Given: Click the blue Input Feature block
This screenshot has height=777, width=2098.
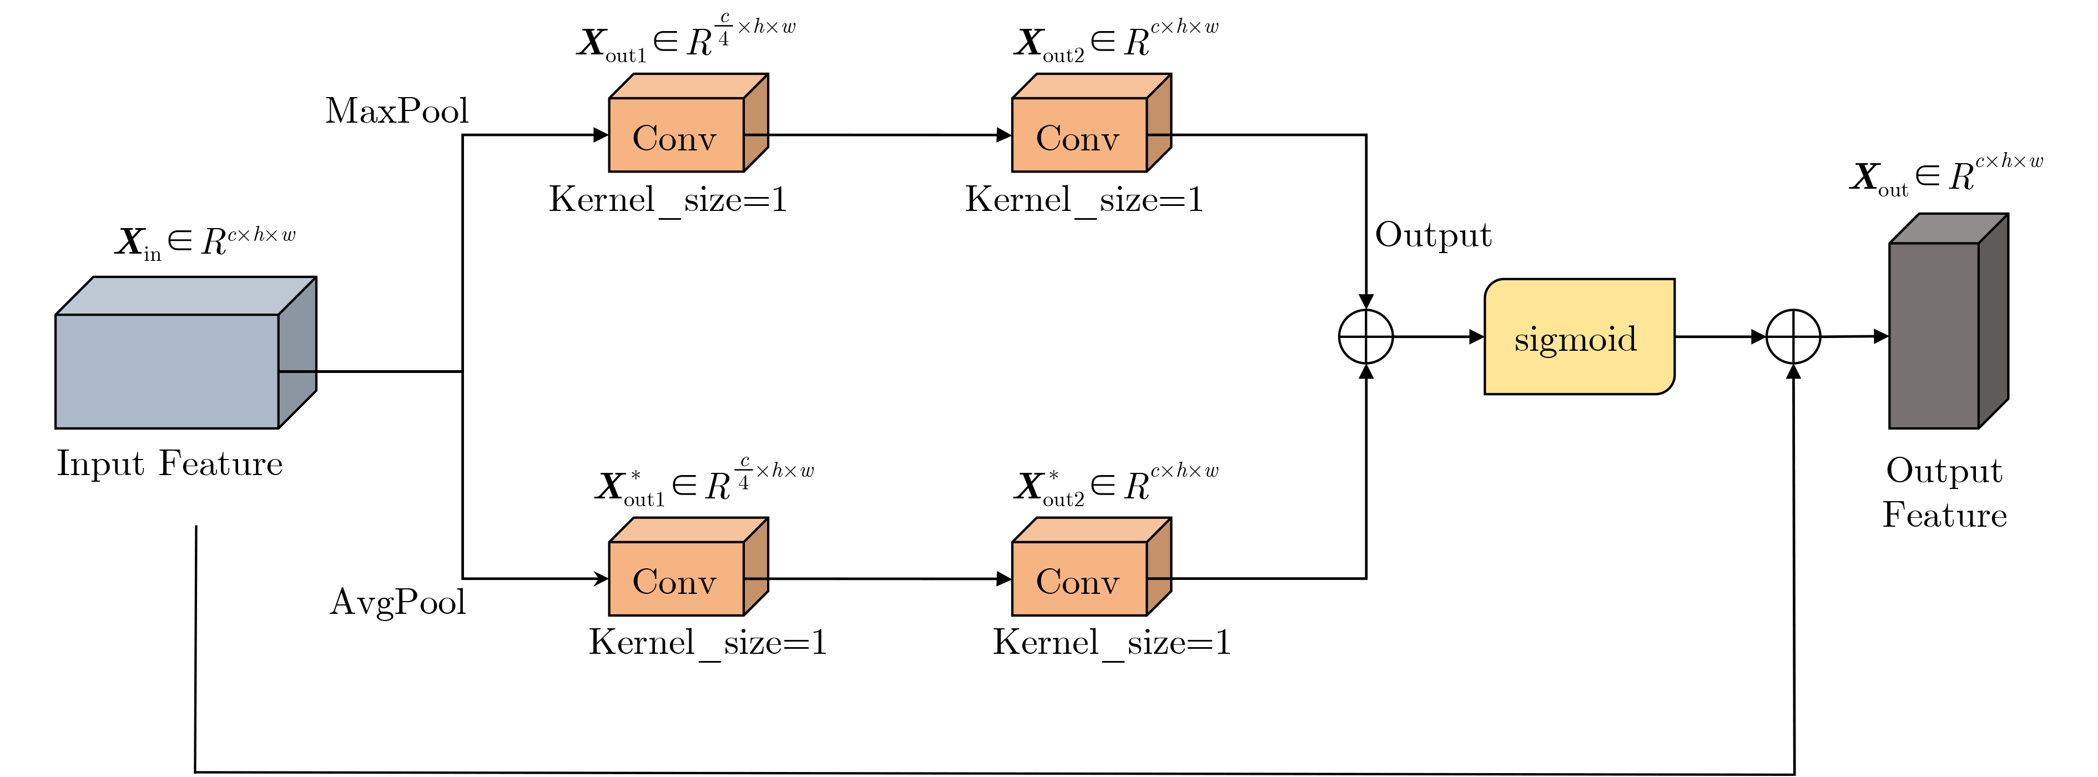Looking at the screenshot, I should tap(168, 371).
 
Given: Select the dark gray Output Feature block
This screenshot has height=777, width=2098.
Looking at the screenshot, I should tap(1934, 335).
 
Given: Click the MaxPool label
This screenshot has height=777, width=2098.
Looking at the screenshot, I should tap(397, 111).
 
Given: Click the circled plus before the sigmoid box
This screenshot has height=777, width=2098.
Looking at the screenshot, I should tap(1366, 336).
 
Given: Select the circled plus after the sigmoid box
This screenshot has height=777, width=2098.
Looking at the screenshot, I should tap(1793, 336).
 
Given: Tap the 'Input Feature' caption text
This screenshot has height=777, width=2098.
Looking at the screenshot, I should tap(169, 464).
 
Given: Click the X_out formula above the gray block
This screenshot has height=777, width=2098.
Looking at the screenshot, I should tap(1946, 175).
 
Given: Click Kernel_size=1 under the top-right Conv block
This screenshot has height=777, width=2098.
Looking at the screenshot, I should tap(1084, 200).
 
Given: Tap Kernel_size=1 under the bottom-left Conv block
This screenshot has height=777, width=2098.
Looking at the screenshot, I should tap(708, 643).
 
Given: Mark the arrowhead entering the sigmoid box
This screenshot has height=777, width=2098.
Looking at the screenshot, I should tap(1476, 336).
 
